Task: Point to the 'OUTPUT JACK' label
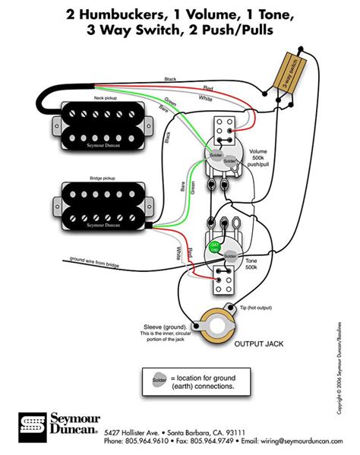(x=259, y=343)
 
